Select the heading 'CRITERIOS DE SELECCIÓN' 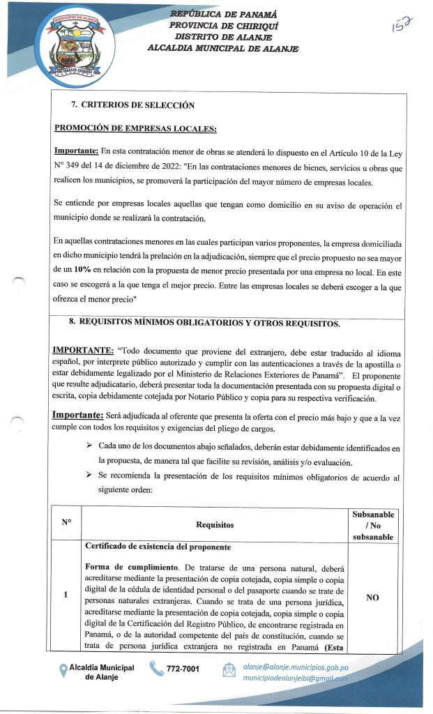(x=137, y=105)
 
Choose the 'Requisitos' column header (x=215, y=524)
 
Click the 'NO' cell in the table (x=372, y=597)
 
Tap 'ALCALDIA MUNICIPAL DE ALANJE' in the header (x=222, y=48)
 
